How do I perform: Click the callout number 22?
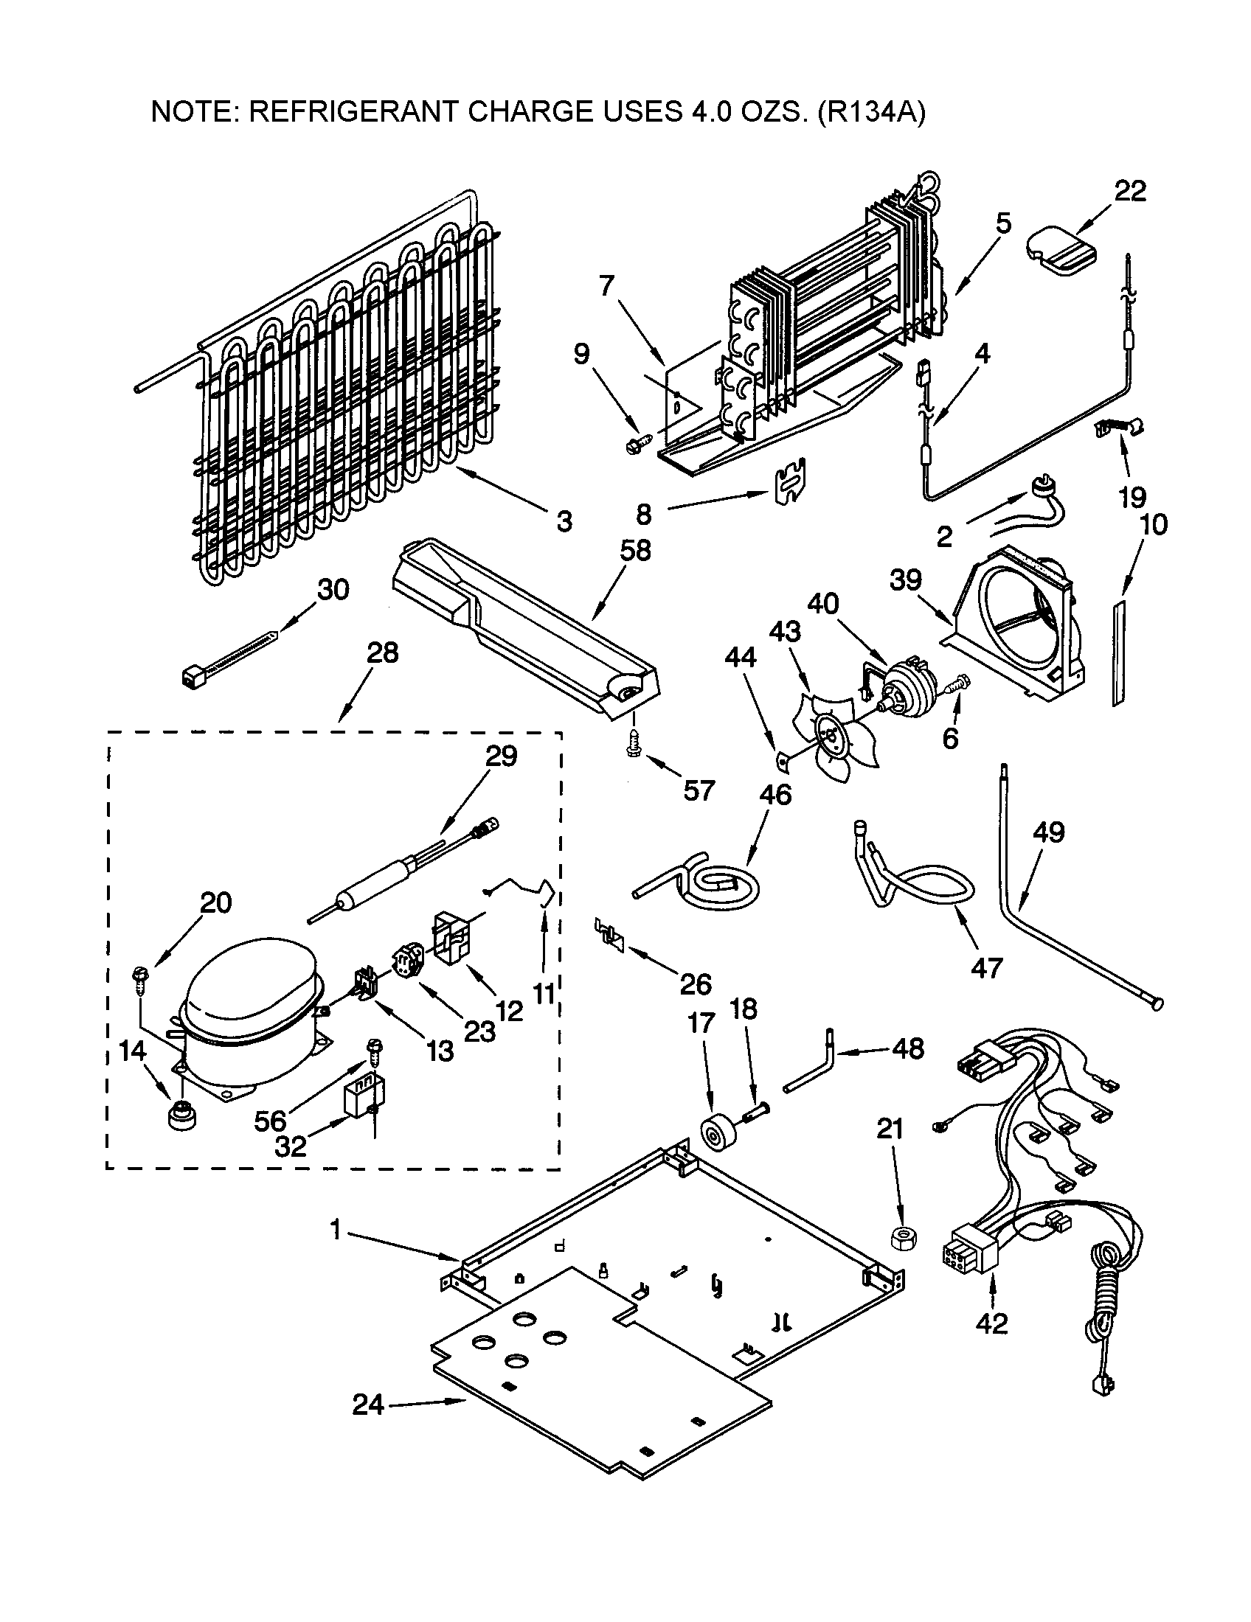(x=1130, y=192)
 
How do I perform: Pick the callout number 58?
(x=634, y=550)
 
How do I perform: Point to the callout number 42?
(x=992, y=1323)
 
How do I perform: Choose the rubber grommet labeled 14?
(x=181, y=1116)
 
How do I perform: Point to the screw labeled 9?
(x=637, y=444)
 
